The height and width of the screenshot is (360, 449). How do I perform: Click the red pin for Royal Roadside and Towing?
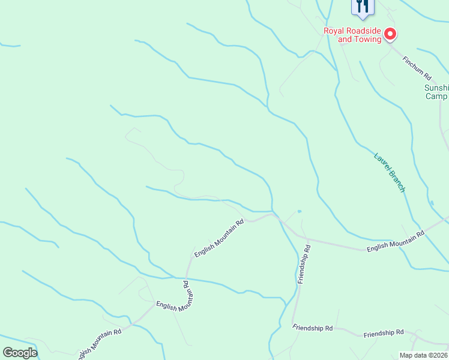[390, 34]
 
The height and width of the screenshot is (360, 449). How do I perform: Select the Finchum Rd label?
[417, 68]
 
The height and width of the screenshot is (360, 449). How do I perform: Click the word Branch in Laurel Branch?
[397, 182]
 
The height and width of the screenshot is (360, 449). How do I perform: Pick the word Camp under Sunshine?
[436, 96]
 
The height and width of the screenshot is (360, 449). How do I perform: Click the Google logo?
[20, 353]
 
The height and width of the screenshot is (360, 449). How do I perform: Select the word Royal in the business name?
[334, 31]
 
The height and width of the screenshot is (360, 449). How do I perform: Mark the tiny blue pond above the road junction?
[299, 211]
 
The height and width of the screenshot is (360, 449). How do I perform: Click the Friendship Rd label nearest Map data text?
[384, 333]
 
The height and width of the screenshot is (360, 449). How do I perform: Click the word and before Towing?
[345, 40]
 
